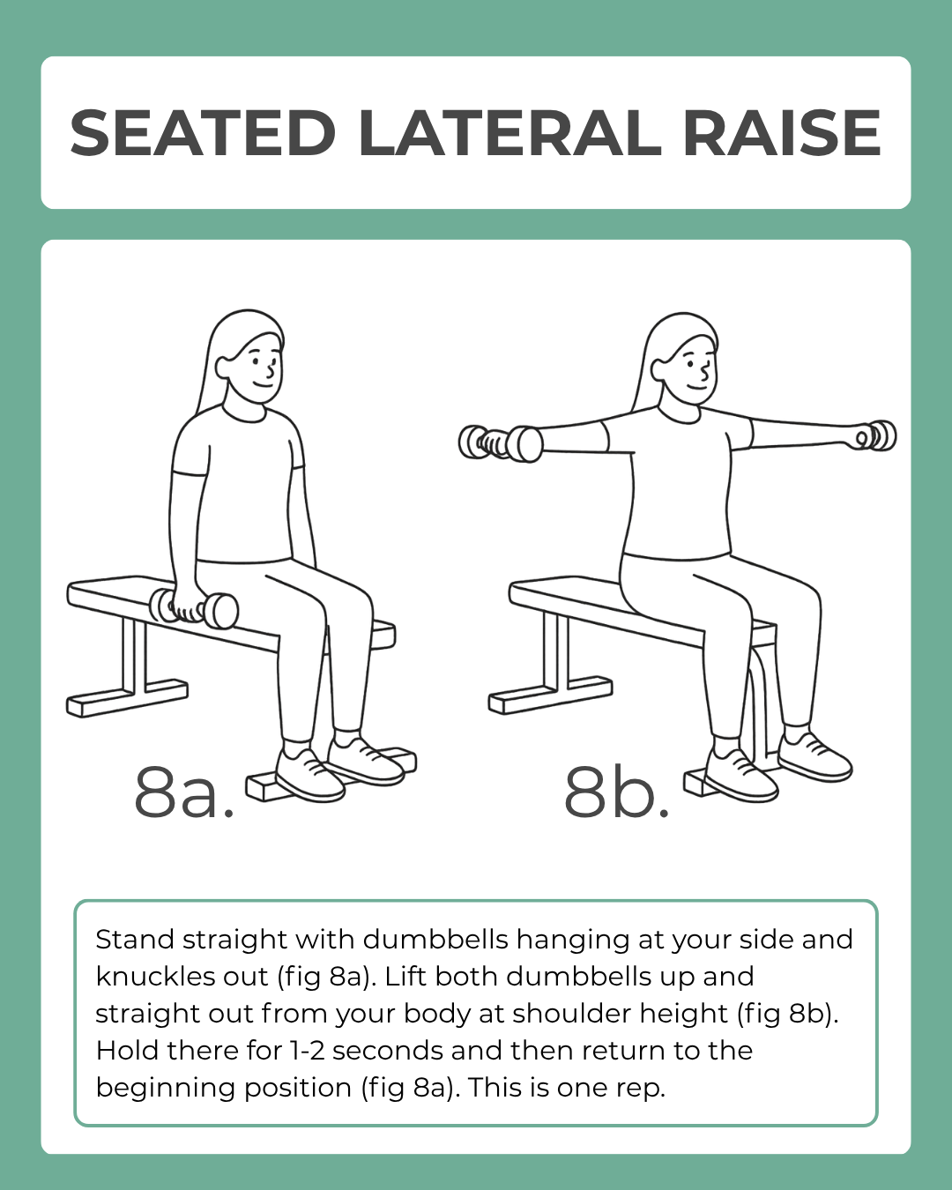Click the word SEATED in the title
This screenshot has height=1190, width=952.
[x=203, y=134]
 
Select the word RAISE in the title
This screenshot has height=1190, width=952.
[x=782, y=134]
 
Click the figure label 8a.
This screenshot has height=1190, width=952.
[x=184, y=792]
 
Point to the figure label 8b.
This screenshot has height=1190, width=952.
[x=616, y=792]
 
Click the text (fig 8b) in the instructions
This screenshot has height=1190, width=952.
[x=785, y=1014]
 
